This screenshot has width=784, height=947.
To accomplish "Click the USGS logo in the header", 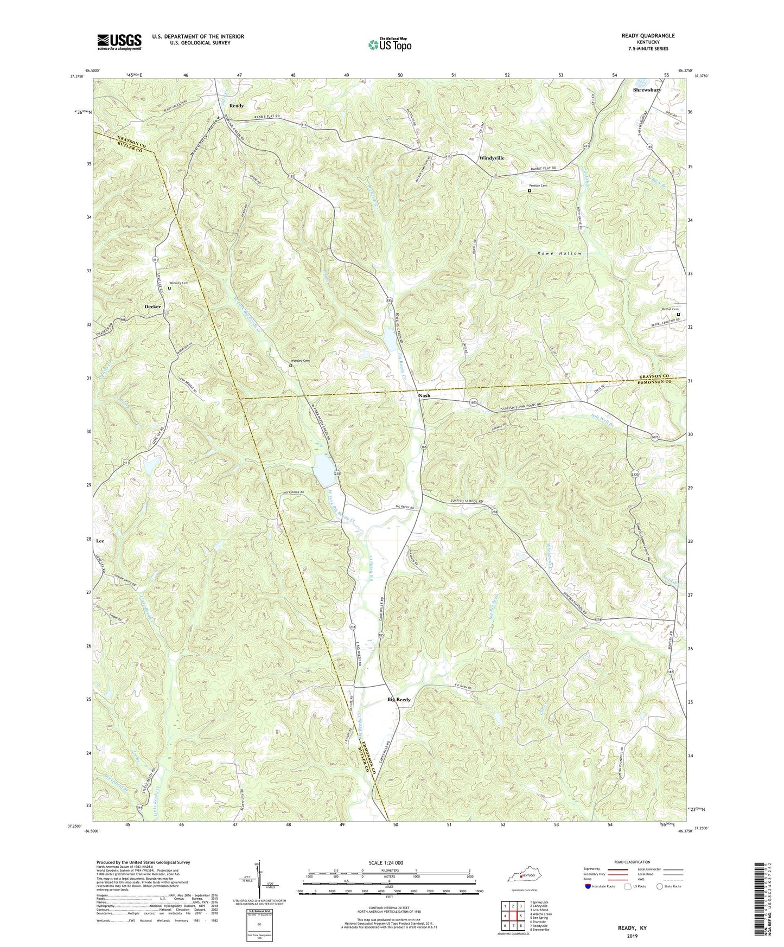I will point(119,42).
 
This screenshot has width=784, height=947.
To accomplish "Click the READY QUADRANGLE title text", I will point(648,35).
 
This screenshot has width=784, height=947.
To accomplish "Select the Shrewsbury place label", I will point(647,89).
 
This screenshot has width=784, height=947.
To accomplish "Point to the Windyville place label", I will point(492,158).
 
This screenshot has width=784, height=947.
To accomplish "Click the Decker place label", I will point(152,306).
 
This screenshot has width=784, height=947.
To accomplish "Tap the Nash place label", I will point(424,395).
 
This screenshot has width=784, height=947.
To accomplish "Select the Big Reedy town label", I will point(399,700).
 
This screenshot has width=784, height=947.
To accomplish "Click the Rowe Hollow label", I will point(559,253).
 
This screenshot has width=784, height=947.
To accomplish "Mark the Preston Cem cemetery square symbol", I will point(530,191).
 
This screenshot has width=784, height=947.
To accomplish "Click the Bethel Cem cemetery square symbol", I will point(678,314).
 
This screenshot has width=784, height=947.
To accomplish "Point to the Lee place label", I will point(100,541).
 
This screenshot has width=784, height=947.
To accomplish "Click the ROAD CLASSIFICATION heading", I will point(632,862).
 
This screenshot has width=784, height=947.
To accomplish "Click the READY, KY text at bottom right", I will point(632,928).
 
